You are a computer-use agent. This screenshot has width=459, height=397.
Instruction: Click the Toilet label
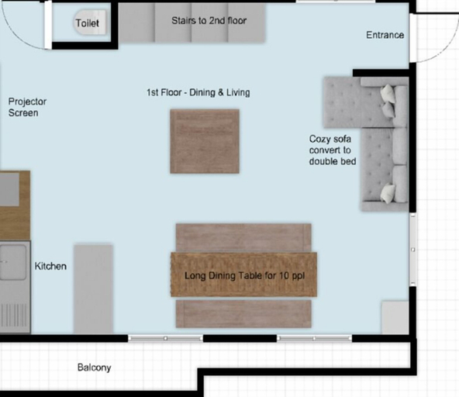tap(88, 23)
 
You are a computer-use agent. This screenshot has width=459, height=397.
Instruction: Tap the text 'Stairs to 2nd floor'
tap(209, 20)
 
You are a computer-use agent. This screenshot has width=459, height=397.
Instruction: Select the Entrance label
tap(385, 35)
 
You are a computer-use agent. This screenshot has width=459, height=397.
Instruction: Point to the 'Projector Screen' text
tap(27, 107)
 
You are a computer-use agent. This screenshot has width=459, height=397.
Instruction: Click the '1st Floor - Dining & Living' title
tap(198, 92)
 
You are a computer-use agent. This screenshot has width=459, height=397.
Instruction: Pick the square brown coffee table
tap(205, 141)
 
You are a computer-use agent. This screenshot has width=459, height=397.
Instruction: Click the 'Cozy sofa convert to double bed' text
tap(333, 150)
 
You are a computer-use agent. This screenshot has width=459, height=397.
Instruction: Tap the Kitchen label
tap(50, 266)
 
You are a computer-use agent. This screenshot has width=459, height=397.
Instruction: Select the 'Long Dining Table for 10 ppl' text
tap(244, 275)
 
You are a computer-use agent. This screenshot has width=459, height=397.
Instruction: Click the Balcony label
tap(95, 368)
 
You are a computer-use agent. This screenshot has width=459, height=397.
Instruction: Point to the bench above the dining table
tap(243, 238)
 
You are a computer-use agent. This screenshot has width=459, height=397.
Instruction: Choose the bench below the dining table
tap(243, 313)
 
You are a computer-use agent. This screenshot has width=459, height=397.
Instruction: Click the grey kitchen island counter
tap(93, 289)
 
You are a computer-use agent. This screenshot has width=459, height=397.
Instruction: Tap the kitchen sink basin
tap(13, 262)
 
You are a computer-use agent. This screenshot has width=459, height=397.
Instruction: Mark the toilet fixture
tap(90, 22)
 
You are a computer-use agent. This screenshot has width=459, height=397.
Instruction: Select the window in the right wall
tap(412, 250)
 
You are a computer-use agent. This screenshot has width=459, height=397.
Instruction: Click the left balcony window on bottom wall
tap(165, 338)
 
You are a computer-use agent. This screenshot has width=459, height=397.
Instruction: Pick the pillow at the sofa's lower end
tap(388, 192)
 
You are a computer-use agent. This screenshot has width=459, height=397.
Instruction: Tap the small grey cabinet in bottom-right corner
tap(395, 318)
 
